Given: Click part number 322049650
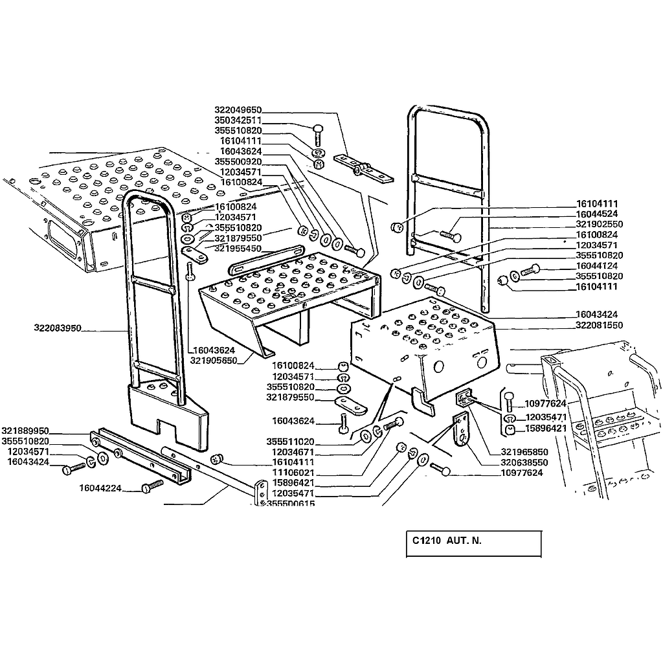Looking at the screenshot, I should (x=238, y=111).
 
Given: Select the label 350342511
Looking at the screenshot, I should (x=238, y=120).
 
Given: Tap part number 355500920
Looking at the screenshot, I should (x=238, y=161).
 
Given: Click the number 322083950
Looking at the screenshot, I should (x=58, y=328).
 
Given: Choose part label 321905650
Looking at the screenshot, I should (x=213, y=360).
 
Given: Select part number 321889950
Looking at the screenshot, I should (x=25, y=431).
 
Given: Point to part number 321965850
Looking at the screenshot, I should (x=524, y=452).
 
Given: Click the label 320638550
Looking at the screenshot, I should (x=524, y=463).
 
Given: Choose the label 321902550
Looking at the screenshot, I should (x=599, y=223).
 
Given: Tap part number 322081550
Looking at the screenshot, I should (x=599, y=325).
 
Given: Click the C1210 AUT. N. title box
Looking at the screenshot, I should (x=473, y=544).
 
